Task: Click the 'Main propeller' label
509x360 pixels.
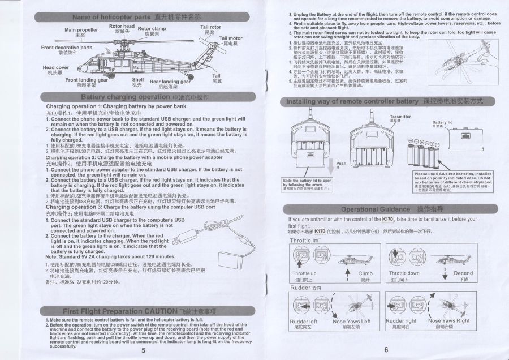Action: click(81, 29)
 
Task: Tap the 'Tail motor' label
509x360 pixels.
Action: click(231, 38)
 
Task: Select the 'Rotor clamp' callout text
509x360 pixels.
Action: click(152, 28)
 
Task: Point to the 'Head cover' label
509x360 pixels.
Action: click(55, 68)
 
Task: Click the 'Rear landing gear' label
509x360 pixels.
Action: click(168, 82)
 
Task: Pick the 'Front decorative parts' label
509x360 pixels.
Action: click(67, 48)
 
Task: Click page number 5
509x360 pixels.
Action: click(144, 350)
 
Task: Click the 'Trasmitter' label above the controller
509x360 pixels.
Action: click(400, 117)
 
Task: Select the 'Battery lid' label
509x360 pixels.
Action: click(442, 122)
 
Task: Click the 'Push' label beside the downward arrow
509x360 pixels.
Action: click(341, 163)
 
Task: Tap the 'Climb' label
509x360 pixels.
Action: click(365, 273)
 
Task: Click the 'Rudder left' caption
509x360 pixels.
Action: click(303, 321)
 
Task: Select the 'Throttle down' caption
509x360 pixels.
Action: click(404, 273)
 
